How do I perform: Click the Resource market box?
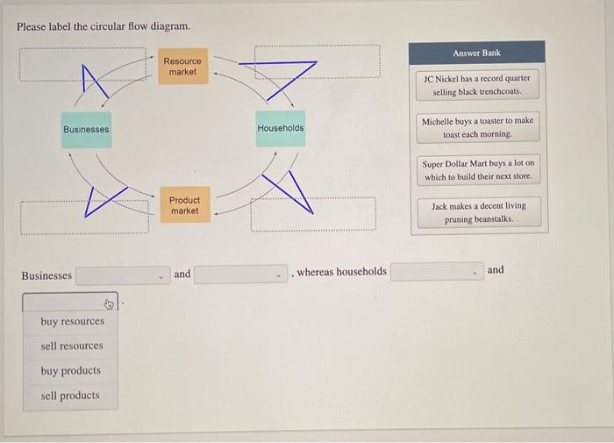(x=182, y=67)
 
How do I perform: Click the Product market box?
(x=184, y=205)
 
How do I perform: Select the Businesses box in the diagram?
(x=86, y=129)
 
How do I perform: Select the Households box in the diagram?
(x=281, y=128)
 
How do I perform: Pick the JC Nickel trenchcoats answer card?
(x=477, y=84)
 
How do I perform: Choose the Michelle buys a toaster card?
(x=477, y=127)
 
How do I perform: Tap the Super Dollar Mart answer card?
(x=478, y=170)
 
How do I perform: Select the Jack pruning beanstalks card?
(x=478, y=212)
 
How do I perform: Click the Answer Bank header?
(x=477, y=53)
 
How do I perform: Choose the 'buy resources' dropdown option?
(x=72, y=321)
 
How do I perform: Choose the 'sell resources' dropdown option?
(x=72, y=346)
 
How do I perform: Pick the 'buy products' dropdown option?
(x=70, y=370)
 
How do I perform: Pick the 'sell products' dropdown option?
(x=70, y=396)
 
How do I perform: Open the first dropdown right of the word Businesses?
(x=122, y=275)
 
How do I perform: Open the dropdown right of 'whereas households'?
(x=437, y=272)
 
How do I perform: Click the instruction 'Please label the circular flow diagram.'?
(x=104, y=26)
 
